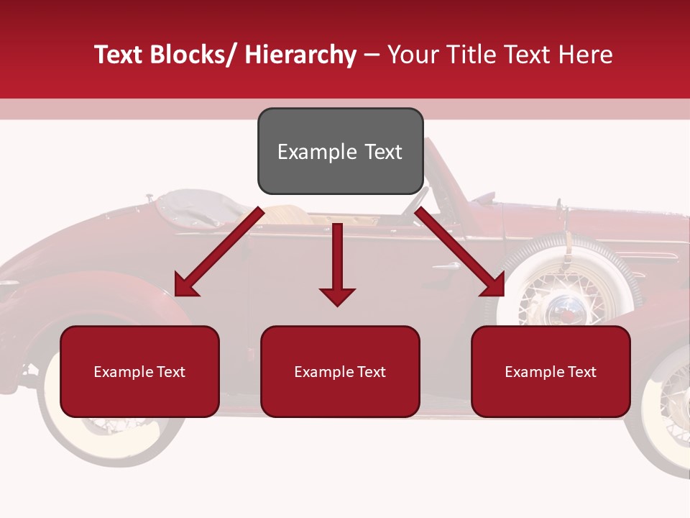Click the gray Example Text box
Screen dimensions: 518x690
pos(340,151)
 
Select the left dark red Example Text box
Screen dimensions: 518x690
pos(139,371)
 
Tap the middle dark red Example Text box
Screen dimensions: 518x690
pos(340,371)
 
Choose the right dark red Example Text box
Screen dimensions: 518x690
pos(551,371)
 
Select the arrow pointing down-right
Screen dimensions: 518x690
pos(461,253)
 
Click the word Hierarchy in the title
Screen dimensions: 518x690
pos(300,55)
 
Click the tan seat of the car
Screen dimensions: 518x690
pos(287,214)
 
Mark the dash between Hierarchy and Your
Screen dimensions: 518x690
pos(372,55)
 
